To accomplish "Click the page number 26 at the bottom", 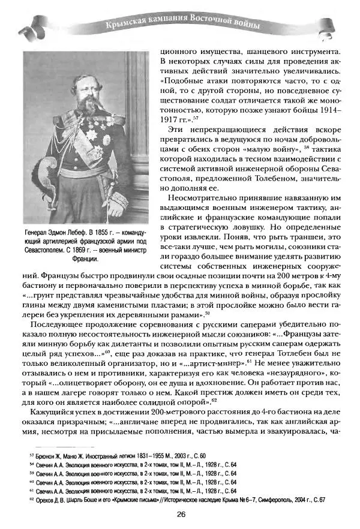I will click(181, 513).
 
